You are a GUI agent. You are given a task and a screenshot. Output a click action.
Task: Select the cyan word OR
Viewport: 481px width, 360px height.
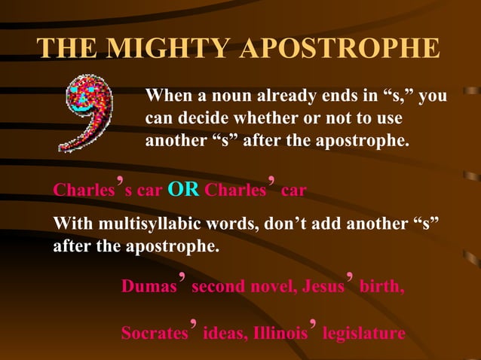coord(184,190)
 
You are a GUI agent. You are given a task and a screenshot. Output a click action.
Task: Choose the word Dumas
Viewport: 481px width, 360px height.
coord(148,287)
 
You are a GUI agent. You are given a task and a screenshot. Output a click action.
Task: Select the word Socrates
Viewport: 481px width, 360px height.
coord(154,333)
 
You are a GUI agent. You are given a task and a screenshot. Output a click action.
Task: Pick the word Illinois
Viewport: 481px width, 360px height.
coord(279,333)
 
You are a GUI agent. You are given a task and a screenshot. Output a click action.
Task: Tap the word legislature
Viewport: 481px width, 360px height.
coord(363,333)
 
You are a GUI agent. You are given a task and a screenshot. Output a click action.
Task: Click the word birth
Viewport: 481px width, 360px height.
coord(382,287)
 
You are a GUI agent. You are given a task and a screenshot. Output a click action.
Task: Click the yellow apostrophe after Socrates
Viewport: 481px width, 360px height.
coord(194,324)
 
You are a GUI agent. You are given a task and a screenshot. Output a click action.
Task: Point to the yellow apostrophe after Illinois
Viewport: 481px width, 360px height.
coord(313,324)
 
